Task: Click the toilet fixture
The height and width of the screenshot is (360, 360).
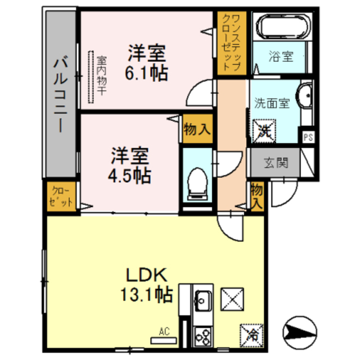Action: point(197,184)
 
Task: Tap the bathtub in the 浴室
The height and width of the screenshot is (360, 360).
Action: point(283,26)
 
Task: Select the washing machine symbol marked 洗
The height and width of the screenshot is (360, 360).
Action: point(264,131)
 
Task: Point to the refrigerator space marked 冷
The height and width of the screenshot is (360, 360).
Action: point(251,335)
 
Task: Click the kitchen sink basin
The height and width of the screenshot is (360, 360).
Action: point(203,300)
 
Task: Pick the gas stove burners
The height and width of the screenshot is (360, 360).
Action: point(203,337)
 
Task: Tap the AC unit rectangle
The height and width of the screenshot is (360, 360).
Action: point(164,340)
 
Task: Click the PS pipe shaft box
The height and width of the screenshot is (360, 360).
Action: point(308,137)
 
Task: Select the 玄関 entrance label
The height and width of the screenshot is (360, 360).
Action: point(276,163)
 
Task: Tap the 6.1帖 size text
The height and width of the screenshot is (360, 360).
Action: point(146,73)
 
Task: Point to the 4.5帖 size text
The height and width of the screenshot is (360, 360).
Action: point(129,176)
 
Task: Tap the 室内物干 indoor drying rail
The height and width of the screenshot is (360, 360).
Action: point(91,77)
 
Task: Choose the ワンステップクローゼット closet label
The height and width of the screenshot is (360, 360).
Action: point(231,43)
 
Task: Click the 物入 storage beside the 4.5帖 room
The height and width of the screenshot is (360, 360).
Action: point(197,129)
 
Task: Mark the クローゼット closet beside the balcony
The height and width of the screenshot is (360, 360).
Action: point(61,196)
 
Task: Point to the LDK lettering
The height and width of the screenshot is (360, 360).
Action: point(146,275)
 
